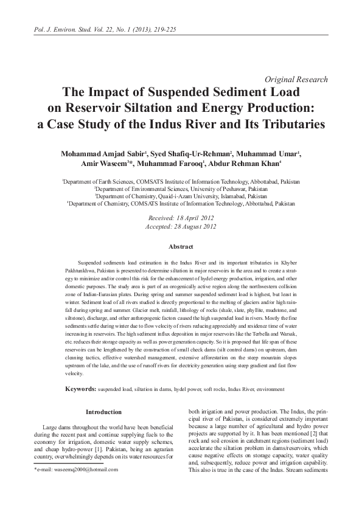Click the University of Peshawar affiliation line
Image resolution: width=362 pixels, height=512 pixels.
point(181,189)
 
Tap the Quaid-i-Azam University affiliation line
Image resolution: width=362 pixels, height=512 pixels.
point(181,196)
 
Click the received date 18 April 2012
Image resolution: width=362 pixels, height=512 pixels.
point(181,217)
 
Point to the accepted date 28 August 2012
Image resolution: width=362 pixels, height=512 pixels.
point(181,226)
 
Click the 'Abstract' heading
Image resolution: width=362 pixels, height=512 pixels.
point(181,246)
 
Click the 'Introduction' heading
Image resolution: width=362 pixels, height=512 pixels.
point(104,395)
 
